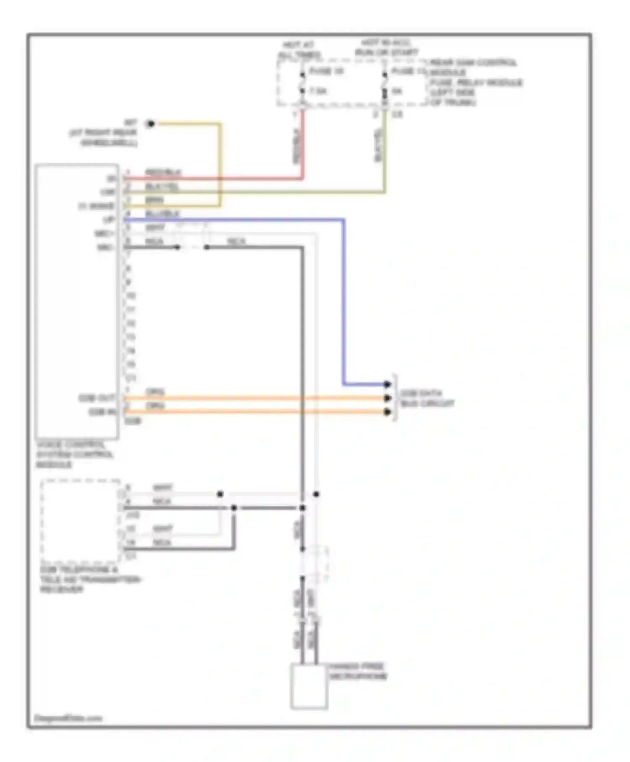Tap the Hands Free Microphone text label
357,671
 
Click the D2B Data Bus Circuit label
426,398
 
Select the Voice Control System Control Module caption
74,455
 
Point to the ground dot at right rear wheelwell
150,123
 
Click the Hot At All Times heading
299,50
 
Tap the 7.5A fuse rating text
318,91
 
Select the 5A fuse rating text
397,91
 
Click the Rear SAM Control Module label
472,67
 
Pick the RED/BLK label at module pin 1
163,172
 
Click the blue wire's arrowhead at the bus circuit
387,384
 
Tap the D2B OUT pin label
97,398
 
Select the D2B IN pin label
102,412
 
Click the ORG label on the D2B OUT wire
155,392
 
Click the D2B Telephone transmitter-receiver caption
89,579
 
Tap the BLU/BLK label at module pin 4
162,213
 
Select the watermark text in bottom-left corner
68,718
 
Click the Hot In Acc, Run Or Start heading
386,47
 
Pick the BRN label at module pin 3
154,200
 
